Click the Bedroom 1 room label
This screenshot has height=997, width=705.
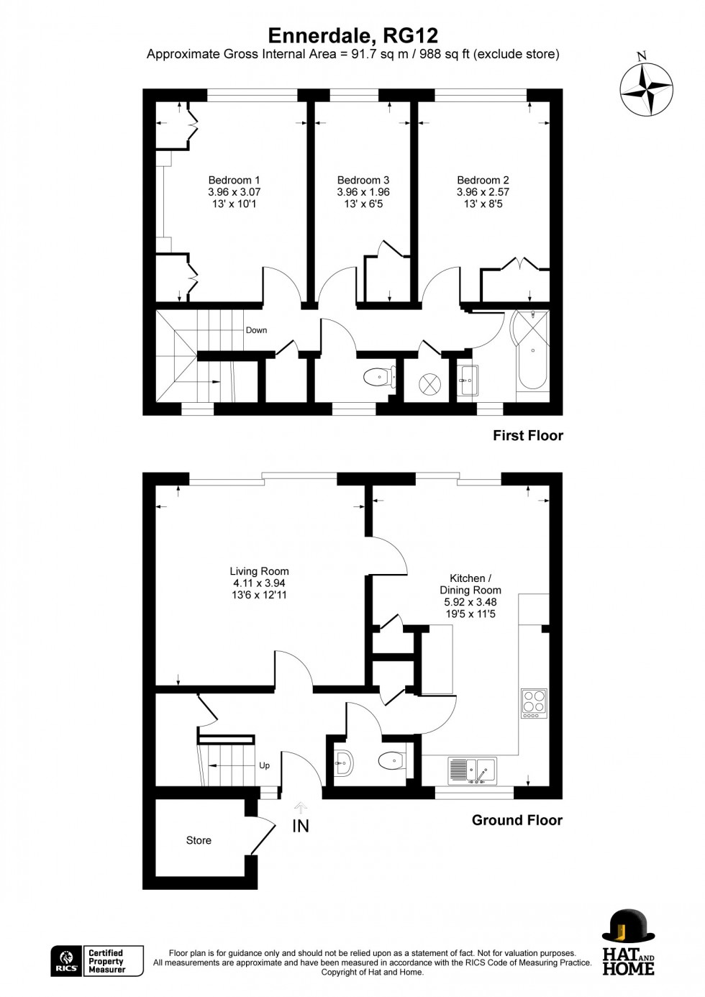point(234,181)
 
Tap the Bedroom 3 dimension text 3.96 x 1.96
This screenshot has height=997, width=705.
point(363,192)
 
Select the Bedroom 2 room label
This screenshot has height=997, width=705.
point(483,181)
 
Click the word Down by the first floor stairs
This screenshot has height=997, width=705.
point(256,330)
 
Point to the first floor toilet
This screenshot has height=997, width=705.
point(380,378)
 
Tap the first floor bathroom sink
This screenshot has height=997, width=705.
point(468,381)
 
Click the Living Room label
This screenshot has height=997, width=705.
point(259,571)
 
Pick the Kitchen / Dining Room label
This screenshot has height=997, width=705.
point(470,584)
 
